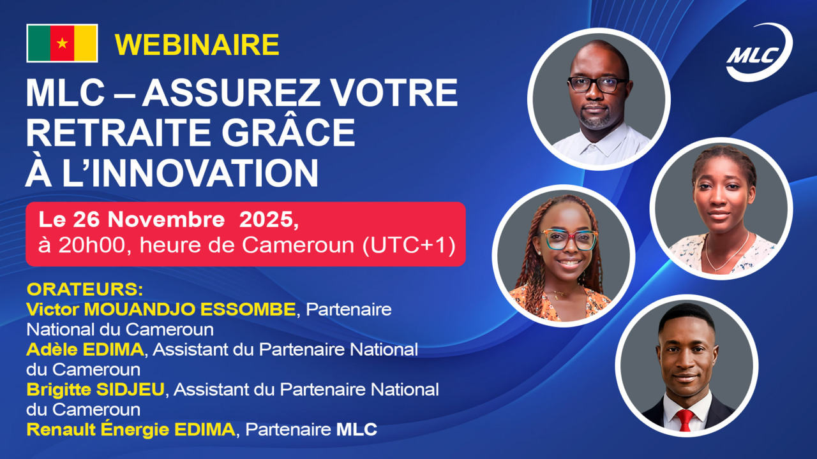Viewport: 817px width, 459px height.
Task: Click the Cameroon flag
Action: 62,43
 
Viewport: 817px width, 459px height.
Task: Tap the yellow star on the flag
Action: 62,43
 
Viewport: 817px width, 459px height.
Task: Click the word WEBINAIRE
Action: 197,45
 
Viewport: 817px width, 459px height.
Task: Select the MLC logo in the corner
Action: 758,54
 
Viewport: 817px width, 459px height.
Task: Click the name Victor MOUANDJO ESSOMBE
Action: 161,310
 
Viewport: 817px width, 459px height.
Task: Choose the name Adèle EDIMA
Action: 86,349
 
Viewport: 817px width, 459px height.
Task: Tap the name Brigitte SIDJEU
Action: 96,389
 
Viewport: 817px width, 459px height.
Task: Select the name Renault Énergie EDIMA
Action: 131,429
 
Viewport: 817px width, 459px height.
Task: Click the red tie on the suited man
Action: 686,419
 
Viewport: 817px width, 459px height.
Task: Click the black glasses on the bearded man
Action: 597,85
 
